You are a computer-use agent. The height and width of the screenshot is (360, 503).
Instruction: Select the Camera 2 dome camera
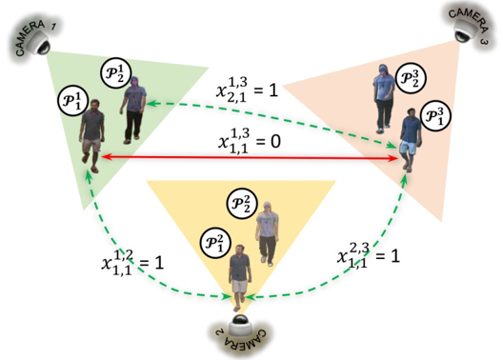240,326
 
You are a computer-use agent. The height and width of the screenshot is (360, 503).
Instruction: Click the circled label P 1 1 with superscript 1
73,100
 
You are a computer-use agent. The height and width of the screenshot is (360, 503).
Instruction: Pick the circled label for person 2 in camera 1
116,72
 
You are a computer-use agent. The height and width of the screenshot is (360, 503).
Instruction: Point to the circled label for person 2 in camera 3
411,78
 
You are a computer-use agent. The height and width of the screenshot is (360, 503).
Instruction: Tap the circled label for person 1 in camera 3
435,115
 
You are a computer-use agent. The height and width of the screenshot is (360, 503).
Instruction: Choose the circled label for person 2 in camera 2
242,203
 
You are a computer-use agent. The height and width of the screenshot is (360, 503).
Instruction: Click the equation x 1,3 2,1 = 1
247,90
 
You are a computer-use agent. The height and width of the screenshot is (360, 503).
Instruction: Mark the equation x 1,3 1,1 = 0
250,141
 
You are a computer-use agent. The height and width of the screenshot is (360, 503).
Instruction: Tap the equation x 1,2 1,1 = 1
132,263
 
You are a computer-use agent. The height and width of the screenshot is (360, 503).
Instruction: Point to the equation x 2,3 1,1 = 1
369,256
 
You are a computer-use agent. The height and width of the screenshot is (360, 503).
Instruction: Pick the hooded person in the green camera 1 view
132,110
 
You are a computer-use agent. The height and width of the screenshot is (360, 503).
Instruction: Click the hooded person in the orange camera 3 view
384,99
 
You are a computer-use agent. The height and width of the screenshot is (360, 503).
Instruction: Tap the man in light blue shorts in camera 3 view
410,140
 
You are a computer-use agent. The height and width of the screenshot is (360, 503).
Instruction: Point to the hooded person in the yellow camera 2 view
267,234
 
